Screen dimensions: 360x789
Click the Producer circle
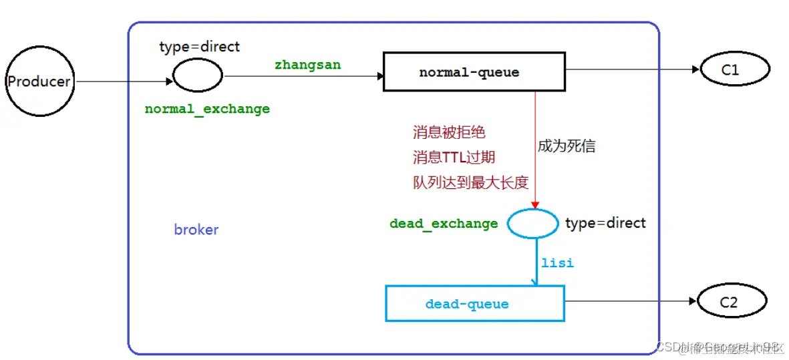38,81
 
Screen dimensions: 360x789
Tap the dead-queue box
474,304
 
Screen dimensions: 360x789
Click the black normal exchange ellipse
198,75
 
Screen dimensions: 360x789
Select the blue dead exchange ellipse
532,223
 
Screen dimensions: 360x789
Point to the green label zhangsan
307,65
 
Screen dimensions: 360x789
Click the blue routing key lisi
557,262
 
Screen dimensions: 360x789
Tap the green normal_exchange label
207,109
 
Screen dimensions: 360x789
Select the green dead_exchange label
444,224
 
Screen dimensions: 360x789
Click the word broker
196,230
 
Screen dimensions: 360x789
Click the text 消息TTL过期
454,158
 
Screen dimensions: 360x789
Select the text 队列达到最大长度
466,183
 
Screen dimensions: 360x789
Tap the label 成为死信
566,146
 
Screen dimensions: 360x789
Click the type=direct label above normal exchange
199,47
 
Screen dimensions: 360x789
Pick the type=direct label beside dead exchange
605,222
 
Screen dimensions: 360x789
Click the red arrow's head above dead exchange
534,205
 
